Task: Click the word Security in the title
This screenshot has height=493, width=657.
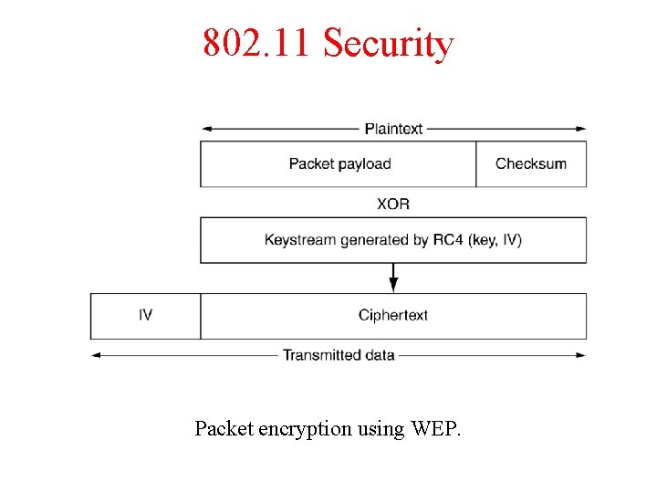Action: pyautogui.click(x=388, y=43)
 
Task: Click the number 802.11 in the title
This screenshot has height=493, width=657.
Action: pyautogui.click(x=258, y=43)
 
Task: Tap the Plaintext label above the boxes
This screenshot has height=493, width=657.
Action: pyautogui.click(x=393, y=129)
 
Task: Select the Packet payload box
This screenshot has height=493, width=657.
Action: pyautogui.click(x=339, y=164)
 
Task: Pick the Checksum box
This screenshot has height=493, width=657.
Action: pyautogui.click(x=531, y=164)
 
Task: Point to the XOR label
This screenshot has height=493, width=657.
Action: pyautogui.click(x=393, y=203)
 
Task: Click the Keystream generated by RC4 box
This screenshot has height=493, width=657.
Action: pyautogui.click(x=393, y=240)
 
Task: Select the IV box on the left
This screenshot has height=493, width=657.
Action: pyautogui.click(x=145, y=316)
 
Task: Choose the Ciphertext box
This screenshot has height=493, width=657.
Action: pyautogui.click(x=393, y=316)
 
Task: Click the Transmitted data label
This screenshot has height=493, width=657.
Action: pyautogui.click(x=339, y=354)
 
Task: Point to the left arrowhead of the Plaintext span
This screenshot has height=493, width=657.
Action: pyautogui.click(x=206, y=129)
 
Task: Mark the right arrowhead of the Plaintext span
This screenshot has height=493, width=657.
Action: pyautogui.click(x=581, y=129)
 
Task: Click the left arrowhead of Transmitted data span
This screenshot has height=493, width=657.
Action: pyautogui.click(x=96, y=354)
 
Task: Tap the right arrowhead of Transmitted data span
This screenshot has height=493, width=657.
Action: pyautogui.click(x=581, y=354)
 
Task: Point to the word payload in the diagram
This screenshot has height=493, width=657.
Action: pyautogui.click(x=364, y=164)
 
